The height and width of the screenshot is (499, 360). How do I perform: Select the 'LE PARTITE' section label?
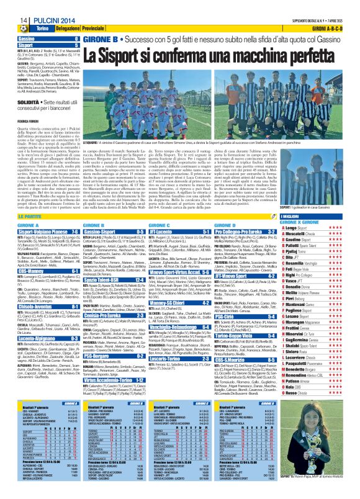(30, 214)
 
